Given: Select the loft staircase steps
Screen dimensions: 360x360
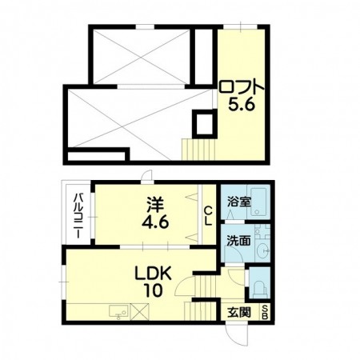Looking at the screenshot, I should (200, 148).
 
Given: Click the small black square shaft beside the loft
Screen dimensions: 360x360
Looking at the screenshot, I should (203, 124).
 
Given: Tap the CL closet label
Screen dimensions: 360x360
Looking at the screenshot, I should (207, 215).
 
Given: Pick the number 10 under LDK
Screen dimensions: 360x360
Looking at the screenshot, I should (150, 289).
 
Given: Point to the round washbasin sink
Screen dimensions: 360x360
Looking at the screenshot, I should (261, 250).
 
